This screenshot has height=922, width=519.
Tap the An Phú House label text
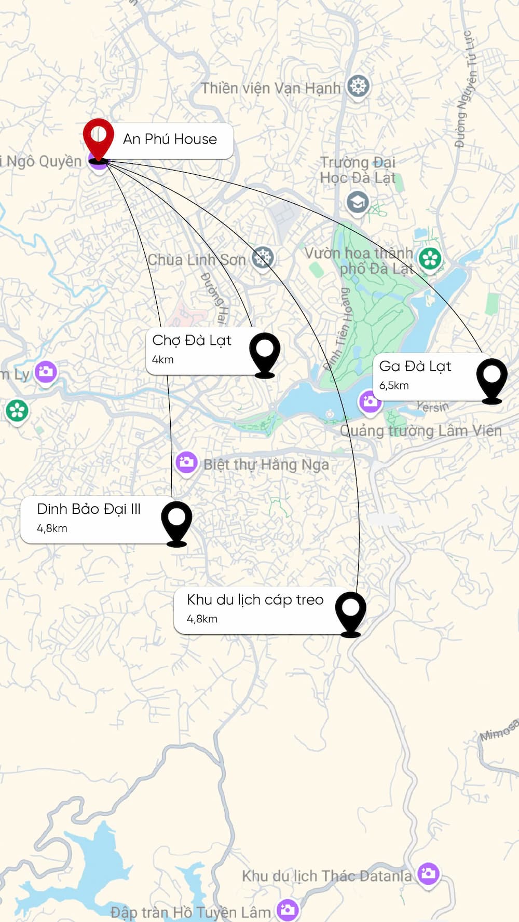click(170, 139)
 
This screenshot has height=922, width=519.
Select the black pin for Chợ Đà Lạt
click(265, 353)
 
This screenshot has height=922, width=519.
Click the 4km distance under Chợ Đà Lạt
click(163, 360)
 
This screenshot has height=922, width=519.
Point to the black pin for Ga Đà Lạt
click(491, 379)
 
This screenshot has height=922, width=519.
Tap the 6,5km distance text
click(394, 386)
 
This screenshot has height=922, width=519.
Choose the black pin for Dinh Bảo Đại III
click(176, 521)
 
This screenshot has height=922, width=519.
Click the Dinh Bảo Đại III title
click(89, 509)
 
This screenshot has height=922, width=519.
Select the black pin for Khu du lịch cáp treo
click(350, 612)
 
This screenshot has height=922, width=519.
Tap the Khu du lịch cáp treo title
click(255, 600)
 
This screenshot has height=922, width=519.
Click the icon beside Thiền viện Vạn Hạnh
click(358, 86)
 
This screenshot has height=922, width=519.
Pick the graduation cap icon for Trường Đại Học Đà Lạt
click(358, 202)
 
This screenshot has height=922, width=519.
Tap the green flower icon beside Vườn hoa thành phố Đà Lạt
click(430, 258)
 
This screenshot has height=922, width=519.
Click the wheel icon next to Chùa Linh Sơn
click(263, 257)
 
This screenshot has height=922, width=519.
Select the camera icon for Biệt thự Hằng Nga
click(186, 462)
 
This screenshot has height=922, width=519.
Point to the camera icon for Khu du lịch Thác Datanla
click(428, 874)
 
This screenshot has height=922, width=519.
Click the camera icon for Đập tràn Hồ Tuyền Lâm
click(288, 909)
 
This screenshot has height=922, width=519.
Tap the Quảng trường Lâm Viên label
click(421, 431)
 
